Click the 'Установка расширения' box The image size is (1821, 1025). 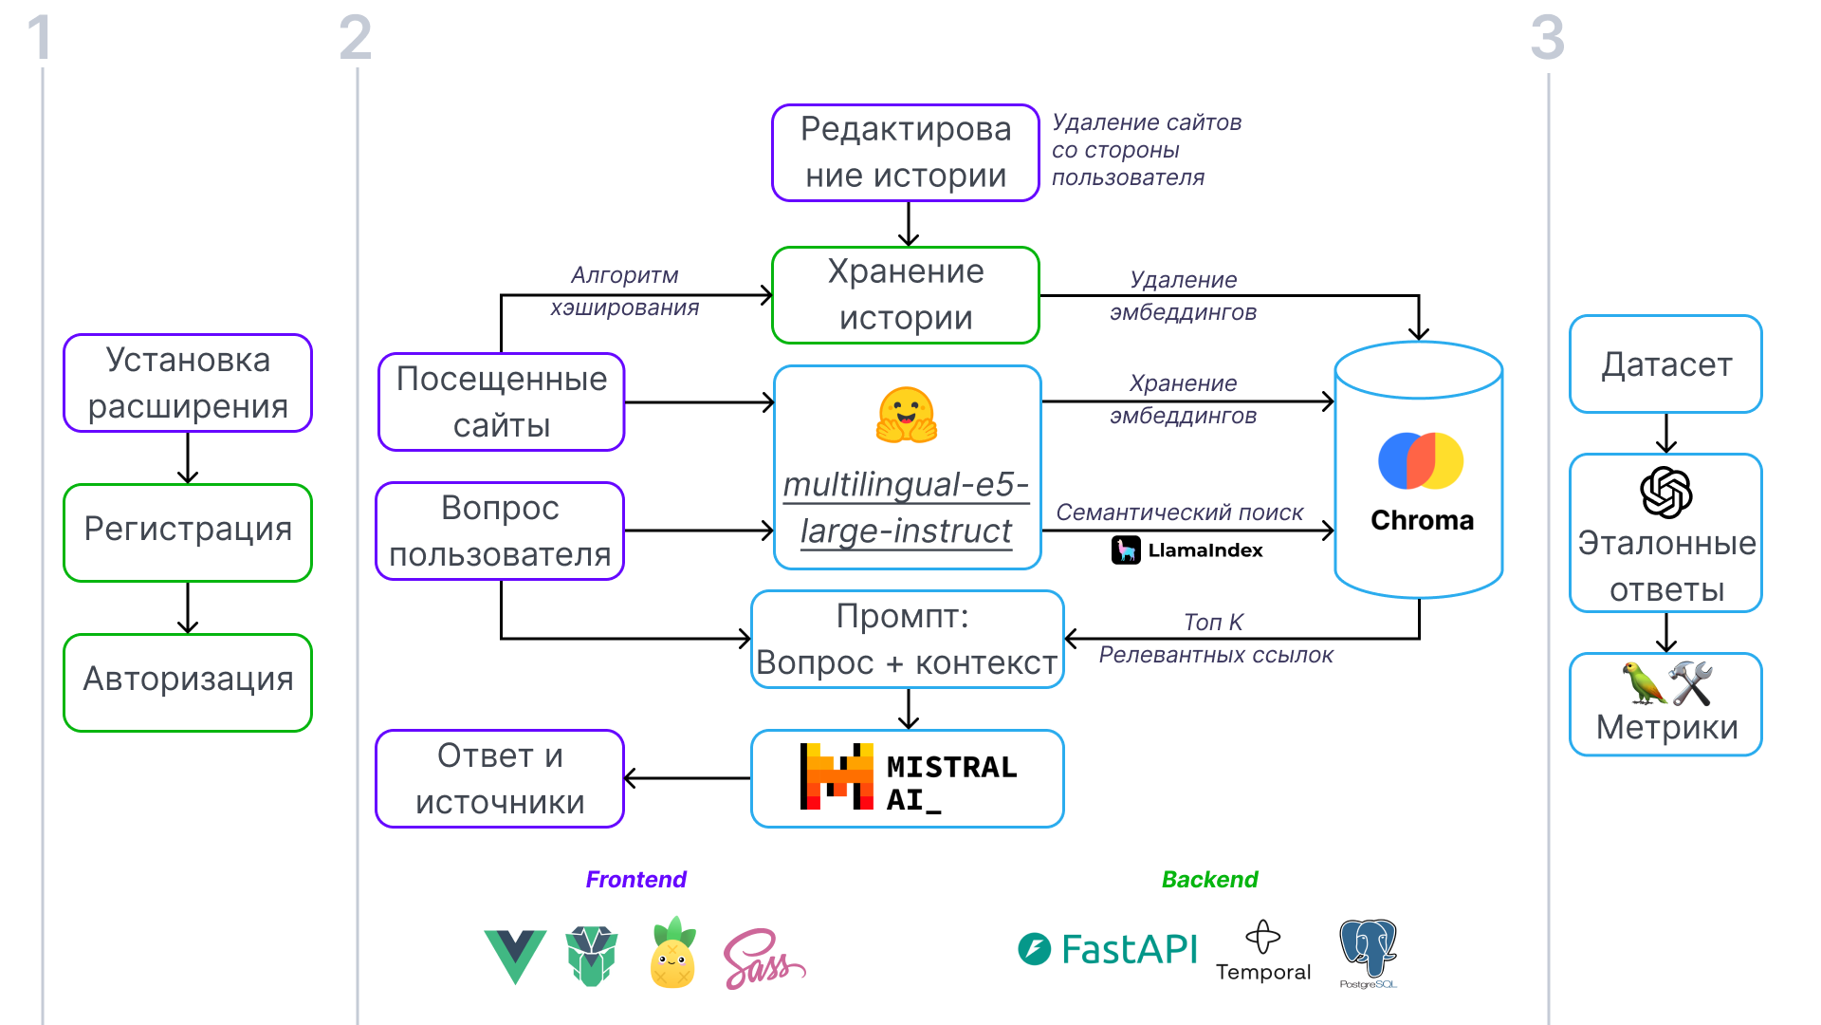[x=188, y=382]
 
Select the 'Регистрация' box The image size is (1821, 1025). [x=188, y=531]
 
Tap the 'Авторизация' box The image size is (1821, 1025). [x=188, y=681]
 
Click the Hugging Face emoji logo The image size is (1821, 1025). [x=907, y=416]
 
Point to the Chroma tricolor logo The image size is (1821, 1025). [x=1420, y=461]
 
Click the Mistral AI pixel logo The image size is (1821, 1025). [x=837, y=776]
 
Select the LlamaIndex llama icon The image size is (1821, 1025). [x=1126, y=550]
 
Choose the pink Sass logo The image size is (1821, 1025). [x=763, y=959]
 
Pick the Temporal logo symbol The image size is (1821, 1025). [x=1262, y=937]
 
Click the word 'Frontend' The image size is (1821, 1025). [x=635, y=880]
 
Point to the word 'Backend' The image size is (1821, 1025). [x=1209, y=880]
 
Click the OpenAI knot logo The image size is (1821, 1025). [x=1666, y=493]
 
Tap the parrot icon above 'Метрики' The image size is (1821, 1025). [x=1644, y=683]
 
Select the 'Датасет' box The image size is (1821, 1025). [x=1666, y=364]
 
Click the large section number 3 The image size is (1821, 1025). [x=1547, y=38]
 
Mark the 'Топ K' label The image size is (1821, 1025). [x=1213, y=623]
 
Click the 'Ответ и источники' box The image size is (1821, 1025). [x=500, y=778]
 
